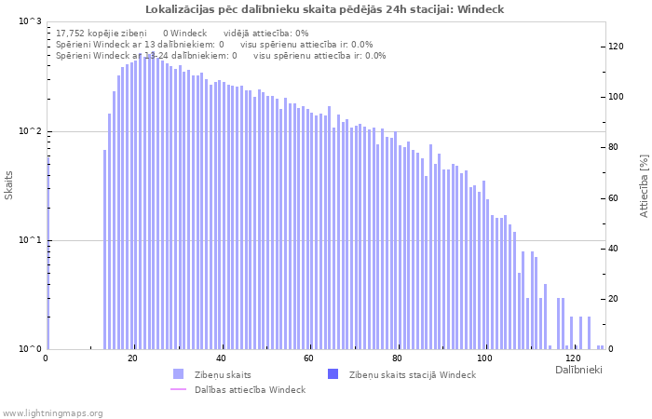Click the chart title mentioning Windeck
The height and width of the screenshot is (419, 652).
(325, 9)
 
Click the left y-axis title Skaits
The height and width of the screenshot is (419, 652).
(9, 185)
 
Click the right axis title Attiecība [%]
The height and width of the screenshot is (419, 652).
(643, 186)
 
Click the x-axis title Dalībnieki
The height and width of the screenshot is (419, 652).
(578, 371)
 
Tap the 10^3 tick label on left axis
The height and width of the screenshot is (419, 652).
(31, 21)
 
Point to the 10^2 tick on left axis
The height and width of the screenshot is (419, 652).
(31, 131)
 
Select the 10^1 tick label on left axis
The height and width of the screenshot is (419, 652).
(31, 240)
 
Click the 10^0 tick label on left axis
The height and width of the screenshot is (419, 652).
(31, 349)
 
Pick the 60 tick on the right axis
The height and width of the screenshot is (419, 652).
(614, 198)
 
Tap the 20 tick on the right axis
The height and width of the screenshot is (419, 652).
(614, 299)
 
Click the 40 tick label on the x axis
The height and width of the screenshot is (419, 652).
(222, 358)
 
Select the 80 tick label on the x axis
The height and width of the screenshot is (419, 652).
(398, 358)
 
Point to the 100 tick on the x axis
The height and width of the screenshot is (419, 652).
(485, 358)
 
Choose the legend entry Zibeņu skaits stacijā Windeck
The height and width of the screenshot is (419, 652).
(412, 374)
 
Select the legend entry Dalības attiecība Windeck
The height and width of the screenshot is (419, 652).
(250, 389)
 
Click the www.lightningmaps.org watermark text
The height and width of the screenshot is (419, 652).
(52, 412)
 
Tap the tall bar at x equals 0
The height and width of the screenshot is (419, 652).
(48, 251)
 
